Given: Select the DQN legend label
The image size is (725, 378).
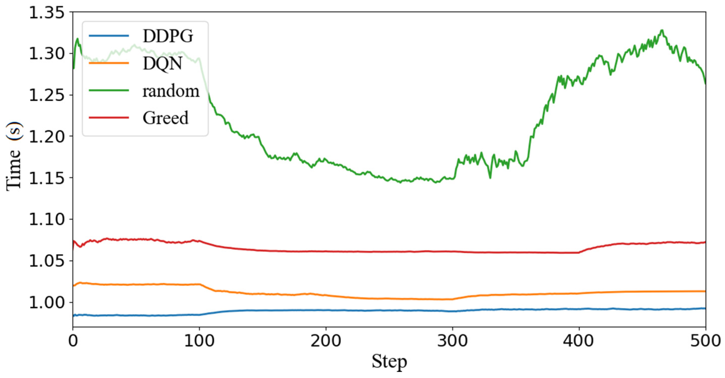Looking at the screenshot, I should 162,63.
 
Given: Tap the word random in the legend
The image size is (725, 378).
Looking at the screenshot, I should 171,91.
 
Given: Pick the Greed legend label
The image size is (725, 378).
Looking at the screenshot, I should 165,118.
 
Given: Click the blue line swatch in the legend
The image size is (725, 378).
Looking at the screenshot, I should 109,36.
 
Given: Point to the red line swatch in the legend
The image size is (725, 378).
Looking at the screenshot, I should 109,118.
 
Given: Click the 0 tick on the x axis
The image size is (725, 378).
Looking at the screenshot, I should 73,341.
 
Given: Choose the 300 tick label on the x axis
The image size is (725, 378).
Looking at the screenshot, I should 452,341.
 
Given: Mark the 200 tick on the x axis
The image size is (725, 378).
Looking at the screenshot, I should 326,341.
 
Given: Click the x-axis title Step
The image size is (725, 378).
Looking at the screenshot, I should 389,362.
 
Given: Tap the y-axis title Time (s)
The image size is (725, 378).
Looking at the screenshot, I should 14,156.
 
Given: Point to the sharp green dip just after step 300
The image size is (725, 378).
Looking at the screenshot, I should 490,178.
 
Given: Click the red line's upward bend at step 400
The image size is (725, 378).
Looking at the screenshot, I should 579,252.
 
